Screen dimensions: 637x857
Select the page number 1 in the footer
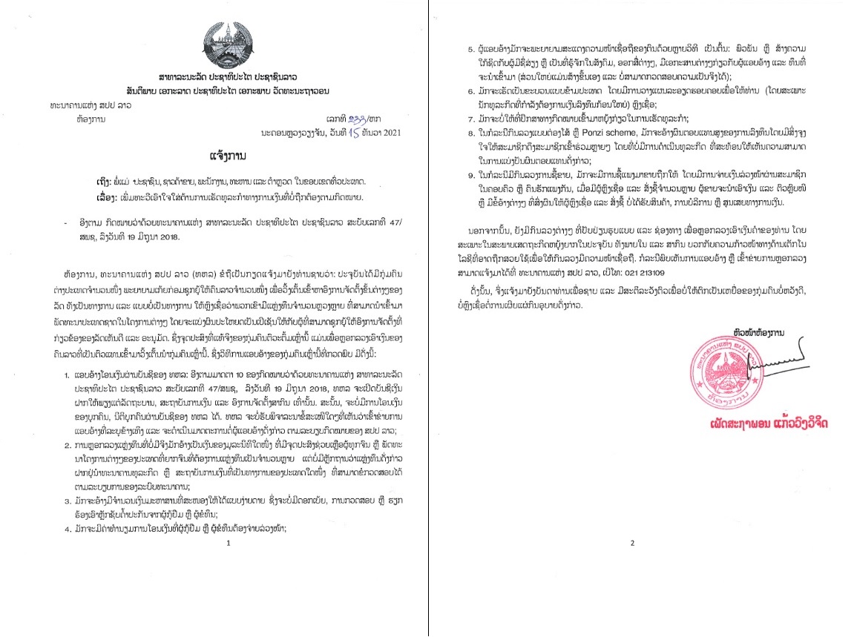point(229,544)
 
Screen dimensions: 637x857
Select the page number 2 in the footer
point(633,544)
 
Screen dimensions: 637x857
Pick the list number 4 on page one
point(66,527)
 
